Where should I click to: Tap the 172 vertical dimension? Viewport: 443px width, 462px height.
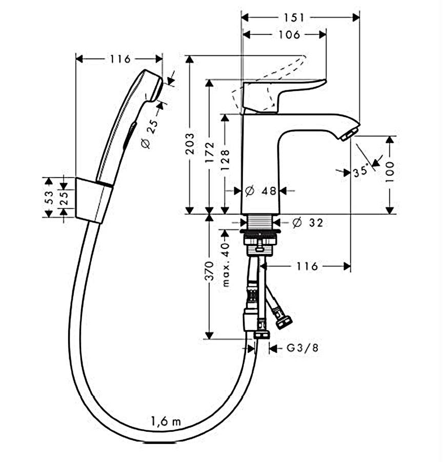pos(210,151)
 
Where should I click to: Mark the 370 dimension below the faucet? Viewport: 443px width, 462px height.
pos(209,271)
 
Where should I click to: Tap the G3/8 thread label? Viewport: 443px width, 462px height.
pos(302,349)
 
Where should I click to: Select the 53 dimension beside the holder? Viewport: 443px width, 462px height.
pos(49,198)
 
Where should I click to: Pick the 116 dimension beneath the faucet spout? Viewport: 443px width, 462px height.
pos(307,266)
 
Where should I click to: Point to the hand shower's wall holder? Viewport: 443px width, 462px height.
pos(93,200)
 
